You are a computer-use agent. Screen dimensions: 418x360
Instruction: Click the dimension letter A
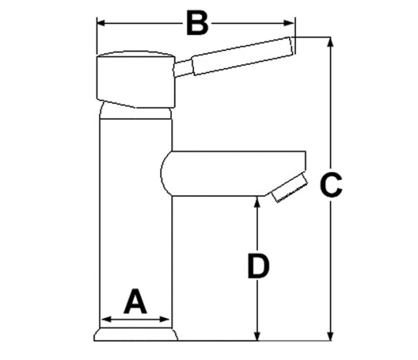[135, 302]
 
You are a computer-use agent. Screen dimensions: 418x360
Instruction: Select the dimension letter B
[198, 23]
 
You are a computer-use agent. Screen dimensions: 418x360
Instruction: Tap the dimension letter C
[331, 185]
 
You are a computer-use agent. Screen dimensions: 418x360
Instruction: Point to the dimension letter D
[258, 266]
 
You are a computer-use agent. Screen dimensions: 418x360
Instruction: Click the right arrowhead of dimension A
[164, 319]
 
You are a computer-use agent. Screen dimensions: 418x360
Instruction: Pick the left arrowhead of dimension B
[102, 23]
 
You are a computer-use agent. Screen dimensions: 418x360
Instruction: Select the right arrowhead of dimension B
[289, 23]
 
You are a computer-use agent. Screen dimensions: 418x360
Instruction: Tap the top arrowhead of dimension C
[331, 42]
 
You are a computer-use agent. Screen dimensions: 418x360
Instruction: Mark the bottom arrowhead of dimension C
[331, 336]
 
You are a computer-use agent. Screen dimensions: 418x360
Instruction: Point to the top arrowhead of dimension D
[257, 202]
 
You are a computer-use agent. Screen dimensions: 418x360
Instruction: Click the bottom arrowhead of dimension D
[257, 336]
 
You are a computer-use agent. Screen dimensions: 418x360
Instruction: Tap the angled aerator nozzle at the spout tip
[289, 188]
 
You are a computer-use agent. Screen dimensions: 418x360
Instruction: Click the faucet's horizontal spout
[233, 174]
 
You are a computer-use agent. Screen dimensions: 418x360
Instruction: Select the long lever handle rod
[242, 56]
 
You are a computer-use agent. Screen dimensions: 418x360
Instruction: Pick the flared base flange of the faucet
[136, 334]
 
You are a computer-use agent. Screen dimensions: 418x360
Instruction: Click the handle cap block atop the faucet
[136, 80]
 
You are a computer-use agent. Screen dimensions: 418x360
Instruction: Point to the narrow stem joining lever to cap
[183, 68]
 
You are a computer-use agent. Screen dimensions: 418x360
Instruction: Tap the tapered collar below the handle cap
[135, 110]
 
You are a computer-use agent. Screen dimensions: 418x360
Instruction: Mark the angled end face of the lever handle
[291, 46]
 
